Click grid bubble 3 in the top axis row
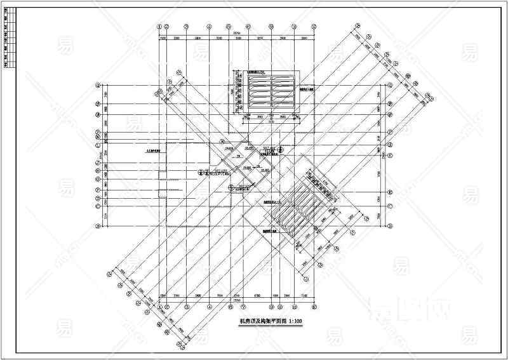(x=186, y=27)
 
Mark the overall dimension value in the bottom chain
(x=236, y=301)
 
